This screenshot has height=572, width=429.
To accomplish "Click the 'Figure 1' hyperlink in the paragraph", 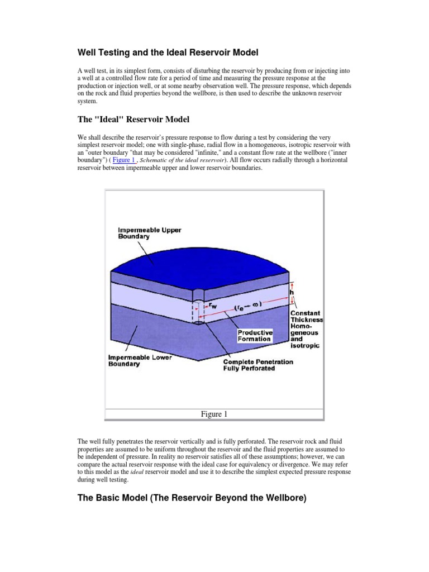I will [123, 160].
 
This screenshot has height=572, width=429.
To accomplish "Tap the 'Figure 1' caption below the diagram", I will [214, 414].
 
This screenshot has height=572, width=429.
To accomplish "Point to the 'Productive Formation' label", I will [254, 335].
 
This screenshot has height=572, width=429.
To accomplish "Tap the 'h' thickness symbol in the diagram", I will [291, 292].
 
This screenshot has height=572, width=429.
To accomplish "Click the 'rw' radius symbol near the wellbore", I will [213, 306].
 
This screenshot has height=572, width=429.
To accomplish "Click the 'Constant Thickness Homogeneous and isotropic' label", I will [306, 330].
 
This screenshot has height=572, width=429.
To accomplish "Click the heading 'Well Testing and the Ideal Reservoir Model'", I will [168, 53].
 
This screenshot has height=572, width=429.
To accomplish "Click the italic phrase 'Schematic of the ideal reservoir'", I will [180, 160].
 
